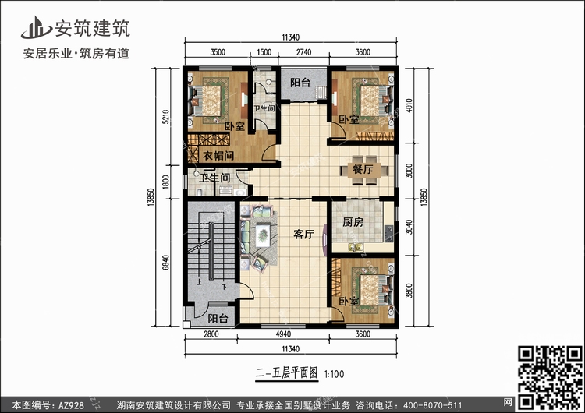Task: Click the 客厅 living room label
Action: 303,234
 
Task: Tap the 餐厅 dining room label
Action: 363,169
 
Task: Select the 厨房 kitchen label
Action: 353,222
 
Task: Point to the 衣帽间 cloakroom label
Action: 218,155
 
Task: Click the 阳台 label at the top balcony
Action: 301,83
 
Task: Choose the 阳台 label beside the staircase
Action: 218,319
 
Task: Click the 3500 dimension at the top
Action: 218,52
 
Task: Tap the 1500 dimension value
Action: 264,52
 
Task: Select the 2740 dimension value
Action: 303,52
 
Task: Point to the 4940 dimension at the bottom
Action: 284,334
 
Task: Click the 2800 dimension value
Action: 211,334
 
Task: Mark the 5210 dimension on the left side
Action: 165,117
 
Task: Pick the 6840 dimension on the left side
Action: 165,263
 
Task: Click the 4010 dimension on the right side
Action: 409,105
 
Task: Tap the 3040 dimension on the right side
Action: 409,227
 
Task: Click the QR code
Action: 550,377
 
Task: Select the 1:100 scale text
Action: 334,374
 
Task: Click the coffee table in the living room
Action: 264,235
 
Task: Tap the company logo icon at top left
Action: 36,27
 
